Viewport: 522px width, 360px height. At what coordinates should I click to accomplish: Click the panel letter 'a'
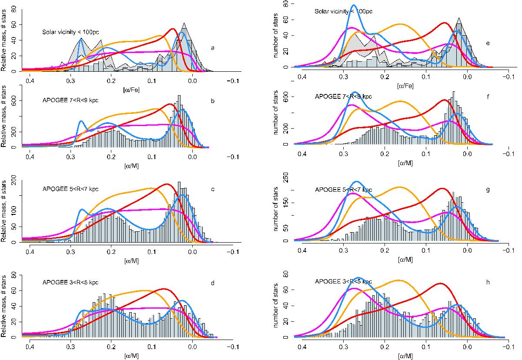click(x=212, y=48)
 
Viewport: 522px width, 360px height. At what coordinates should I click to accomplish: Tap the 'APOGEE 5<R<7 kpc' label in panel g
click(x=344, y=190)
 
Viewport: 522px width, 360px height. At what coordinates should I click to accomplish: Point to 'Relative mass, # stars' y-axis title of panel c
click(x=4, y=212)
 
